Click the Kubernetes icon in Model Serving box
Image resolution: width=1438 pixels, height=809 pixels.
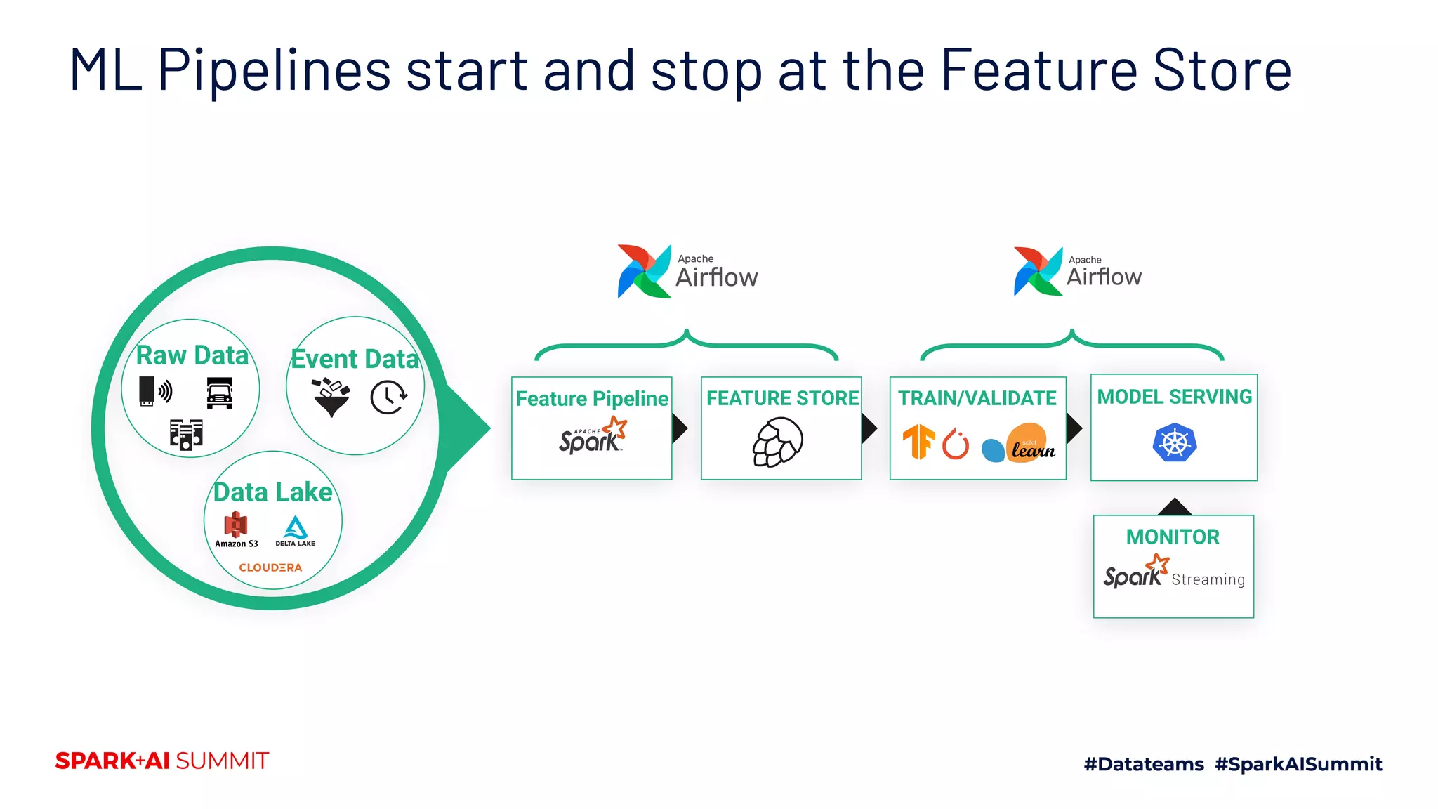click(1174, 442)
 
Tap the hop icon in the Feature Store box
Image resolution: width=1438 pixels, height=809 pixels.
click(777, 442)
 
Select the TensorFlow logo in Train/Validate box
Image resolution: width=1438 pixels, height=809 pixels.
click(918, 442)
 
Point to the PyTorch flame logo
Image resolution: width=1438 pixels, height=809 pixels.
click(955, 444)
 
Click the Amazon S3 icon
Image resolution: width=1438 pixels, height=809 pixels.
click(236, 525)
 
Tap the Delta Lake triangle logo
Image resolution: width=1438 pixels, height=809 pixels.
click(296, 527)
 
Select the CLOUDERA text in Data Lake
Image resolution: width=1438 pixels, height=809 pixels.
click(270, 567)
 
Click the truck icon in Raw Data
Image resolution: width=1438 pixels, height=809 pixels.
click(219, 393)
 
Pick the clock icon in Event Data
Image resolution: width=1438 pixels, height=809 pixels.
click(388, 397)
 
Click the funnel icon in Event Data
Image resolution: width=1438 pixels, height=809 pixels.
click(331, 397)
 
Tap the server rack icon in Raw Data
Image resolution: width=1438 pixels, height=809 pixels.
click(186, 435)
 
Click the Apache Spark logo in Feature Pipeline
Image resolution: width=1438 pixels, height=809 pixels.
click(593, 436)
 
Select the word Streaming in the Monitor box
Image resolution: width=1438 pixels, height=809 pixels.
click(1208, 579)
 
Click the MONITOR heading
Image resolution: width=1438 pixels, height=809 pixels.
click(1173, 537)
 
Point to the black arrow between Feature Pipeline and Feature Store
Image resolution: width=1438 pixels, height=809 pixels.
click(679, 428)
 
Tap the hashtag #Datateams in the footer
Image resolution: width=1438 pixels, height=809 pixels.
click(1144, 764)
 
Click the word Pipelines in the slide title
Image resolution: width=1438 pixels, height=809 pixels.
click(274, 70)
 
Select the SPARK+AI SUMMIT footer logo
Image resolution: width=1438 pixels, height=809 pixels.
click(162, 761)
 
